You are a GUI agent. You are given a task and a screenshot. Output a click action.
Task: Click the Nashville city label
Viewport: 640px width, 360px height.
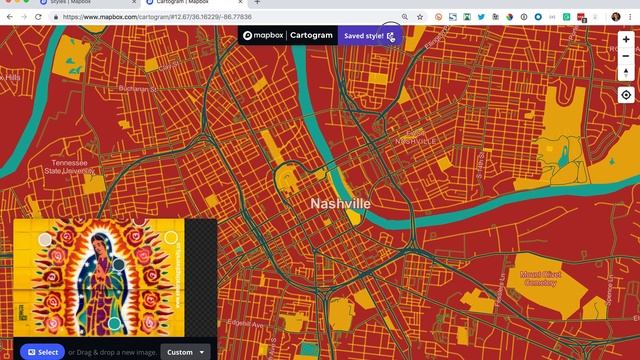(340, 203)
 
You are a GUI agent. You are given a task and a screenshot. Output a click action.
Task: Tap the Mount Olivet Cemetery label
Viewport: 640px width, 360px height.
(543, 277)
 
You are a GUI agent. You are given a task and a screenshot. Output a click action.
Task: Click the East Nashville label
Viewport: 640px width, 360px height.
(415, 137)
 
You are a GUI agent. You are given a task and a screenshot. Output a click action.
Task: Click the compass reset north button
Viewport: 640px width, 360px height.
(626, 72)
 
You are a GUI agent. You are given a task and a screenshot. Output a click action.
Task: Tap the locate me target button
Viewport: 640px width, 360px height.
(626, 95)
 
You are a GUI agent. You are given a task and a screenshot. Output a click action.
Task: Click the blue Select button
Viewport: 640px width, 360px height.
(42, 352)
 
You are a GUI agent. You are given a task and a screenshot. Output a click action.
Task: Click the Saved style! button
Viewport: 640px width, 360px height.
(369, 35)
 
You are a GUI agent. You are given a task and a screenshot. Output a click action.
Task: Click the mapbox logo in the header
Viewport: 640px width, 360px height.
(263, 35)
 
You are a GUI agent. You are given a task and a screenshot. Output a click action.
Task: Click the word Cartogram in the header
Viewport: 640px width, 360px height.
(310, 35)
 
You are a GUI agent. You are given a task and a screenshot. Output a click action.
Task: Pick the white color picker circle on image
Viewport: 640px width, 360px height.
(45, 240)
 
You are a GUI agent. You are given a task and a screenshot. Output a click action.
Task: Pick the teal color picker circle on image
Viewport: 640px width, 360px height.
(170, 238)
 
